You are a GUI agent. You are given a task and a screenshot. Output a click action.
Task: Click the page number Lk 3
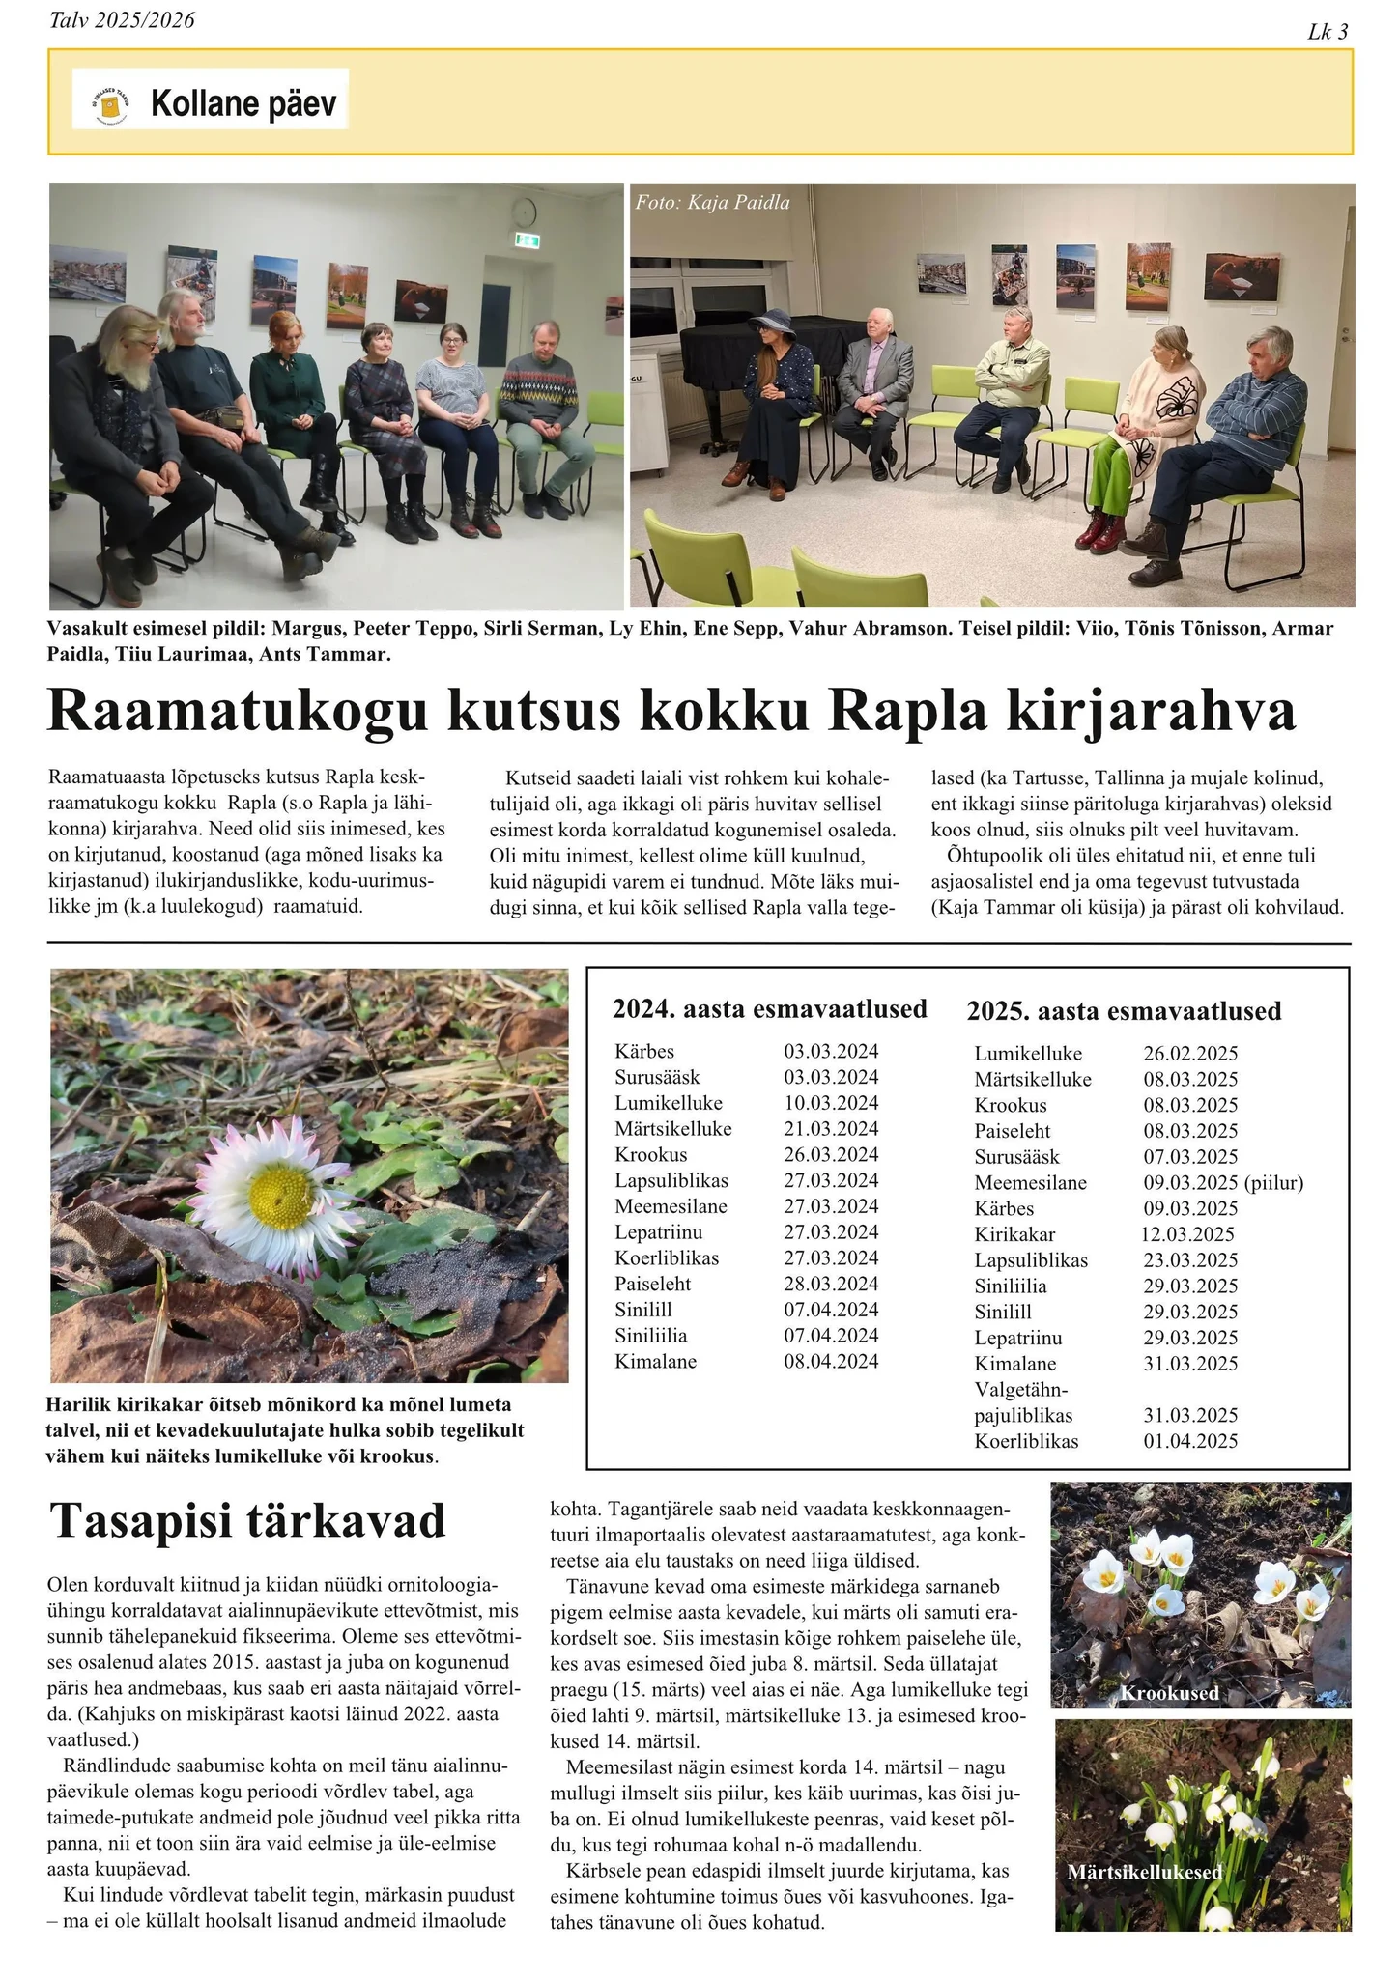click(x=1328, y=32)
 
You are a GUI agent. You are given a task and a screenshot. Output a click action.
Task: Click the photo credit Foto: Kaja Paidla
click(x=712, y=203)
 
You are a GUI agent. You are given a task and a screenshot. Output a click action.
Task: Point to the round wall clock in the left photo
click(x=524, y=210)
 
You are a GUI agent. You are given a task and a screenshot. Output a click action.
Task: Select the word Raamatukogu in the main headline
click(x=237, y=713)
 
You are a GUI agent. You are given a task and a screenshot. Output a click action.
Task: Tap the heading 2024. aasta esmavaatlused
click(x=769, y=1009)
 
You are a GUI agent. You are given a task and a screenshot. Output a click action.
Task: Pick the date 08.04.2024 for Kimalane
click(x=831, y=1362)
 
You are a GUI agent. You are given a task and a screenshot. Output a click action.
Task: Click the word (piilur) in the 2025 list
click(x=1274, y=1183)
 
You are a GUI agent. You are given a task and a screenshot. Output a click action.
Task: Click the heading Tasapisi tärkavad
click(x=247, y=1521)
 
